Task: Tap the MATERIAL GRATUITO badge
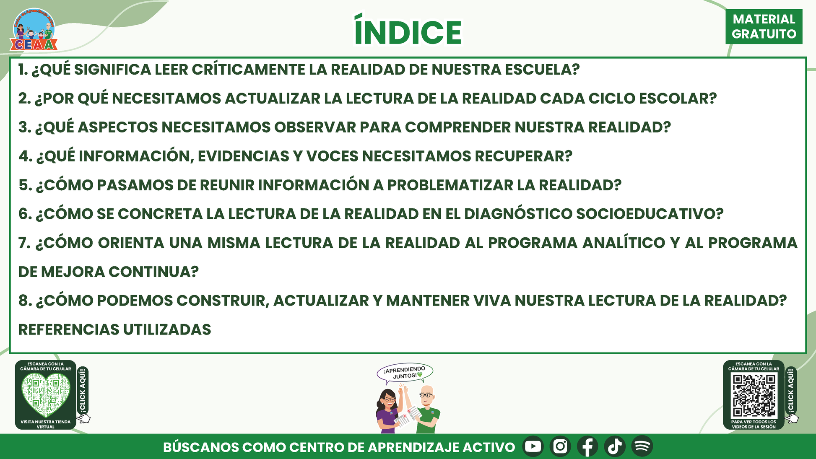coord(764,26)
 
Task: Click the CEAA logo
coord(34,30)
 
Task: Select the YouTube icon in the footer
coord(533,446)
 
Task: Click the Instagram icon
coord(560,446)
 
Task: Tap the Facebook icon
coord(587,446)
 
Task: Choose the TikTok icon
coord(615,446)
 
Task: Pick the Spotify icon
coord(642,446)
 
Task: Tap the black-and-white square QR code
coord(754,395)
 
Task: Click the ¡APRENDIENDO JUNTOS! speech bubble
coord(405,373)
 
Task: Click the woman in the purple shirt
coord(388,411)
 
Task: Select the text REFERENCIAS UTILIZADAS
coord(115,330)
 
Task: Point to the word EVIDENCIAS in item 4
coord(244,156)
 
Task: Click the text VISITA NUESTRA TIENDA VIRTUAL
coord(46,424)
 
